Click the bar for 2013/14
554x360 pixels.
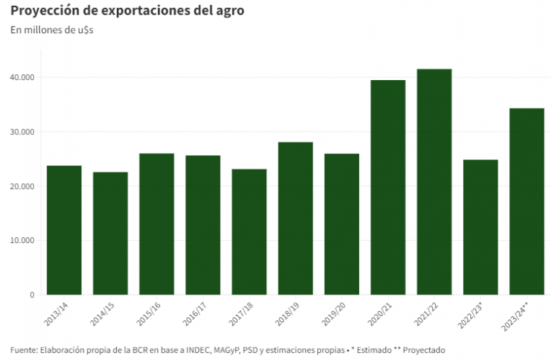click(x=64, y=230)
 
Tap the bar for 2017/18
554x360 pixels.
click(x=249, y=232)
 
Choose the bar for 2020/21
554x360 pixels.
click(x=387, y=188)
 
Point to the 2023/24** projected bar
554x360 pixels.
click(x=527, y=201)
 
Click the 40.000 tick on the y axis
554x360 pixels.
click(x=22, y=77)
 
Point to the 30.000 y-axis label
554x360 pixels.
click(x=22, y=132)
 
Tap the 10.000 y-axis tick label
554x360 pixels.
click(x=22, y=240)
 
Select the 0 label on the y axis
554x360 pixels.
click(x=31, y=295)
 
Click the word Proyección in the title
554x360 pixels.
click(x=43, y=12)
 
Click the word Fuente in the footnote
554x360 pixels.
click(x=24, y=350)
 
